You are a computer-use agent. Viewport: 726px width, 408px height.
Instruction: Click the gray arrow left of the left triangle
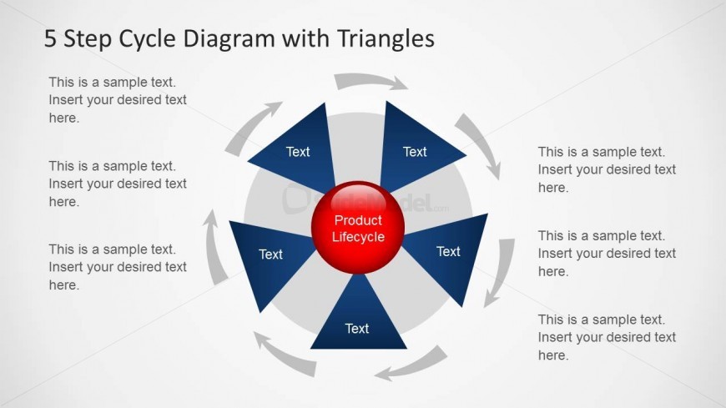click(214, 247)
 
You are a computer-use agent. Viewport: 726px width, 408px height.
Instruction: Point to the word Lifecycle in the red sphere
click(358, 237)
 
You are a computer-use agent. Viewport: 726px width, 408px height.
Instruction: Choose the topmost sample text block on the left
click(117, 100)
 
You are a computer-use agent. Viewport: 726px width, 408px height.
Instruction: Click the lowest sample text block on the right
click(606, 338)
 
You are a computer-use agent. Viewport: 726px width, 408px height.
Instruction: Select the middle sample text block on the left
click(117, 184)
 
